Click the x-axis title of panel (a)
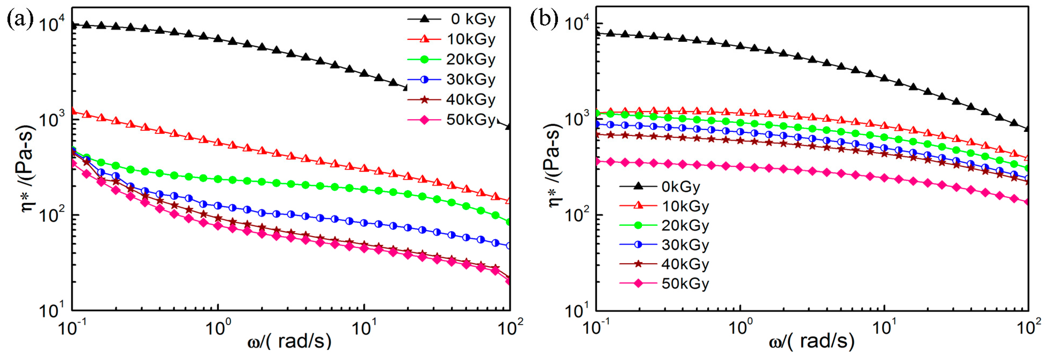click(x=289, y=341)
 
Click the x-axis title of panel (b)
click(x=811, y=341)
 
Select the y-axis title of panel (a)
click(x=27, y=169)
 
